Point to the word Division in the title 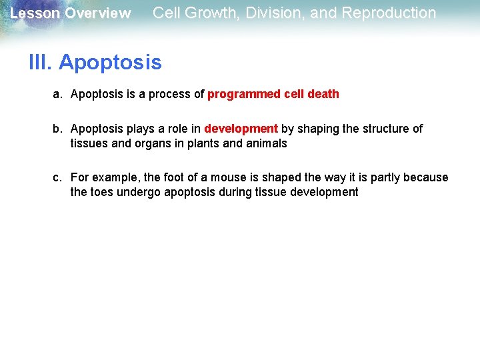coord(273,13)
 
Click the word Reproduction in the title coord(385,13)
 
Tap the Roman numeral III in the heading coord(41,63)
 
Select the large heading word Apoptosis coord(110,63)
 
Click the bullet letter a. coord(57,94)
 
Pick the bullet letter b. coord(57,129)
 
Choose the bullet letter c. coord(57,177)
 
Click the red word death coord(323,94)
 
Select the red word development coord(241,129)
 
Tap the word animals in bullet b coord(265,143)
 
